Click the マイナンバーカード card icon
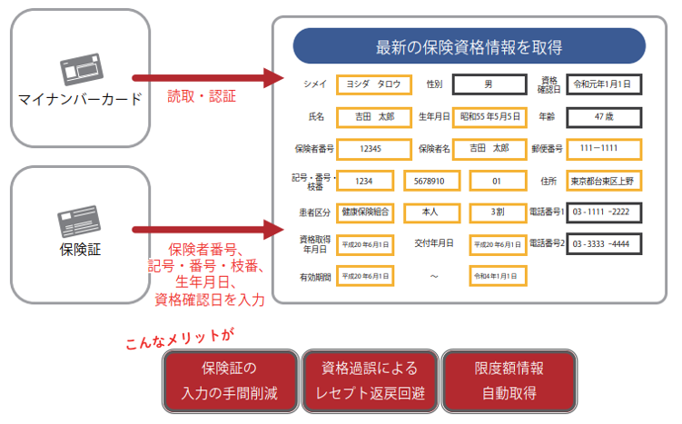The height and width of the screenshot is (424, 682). point(80,69)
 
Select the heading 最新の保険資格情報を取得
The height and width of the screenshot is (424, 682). point(469,46)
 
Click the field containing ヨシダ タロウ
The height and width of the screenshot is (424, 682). point(373,84)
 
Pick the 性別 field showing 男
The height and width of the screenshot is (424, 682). point(489,84)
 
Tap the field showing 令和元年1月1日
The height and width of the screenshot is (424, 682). point(603,84)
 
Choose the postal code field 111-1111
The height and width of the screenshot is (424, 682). point(603,148)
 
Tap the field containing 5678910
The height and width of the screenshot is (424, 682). point(431,181)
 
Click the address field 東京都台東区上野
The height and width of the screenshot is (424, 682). point(603,181)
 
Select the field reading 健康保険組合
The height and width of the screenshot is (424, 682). point(365,212)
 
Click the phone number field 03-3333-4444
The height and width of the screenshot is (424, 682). point(603,244)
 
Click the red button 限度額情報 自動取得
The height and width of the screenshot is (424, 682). point(509,380)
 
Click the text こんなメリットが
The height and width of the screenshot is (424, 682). point(180,338)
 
